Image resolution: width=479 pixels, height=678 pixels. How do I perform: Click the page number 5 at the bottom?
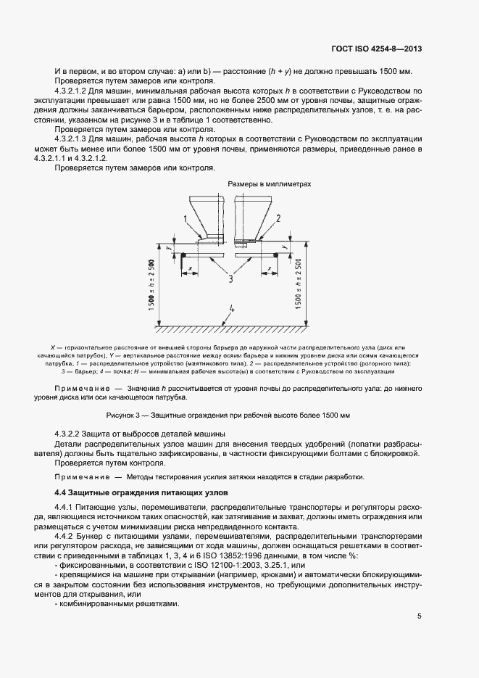(x=420, y=616)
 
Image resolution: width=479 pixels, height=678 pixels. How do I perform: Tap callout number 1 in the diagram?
(x=186, y=218)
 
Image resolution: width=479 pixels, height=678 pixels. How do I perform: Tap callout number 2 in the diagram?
(x=278, y=218)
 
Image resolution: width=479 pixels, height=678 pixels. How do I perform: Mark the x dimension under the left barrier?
(x=189, y=269)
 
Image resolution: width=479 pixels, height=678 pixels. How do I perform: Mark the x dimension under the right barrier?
(x=271, y=269)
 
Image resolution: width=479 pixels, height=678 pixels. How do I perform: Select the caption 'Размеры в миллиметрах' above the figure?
(x=270, y=184)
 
